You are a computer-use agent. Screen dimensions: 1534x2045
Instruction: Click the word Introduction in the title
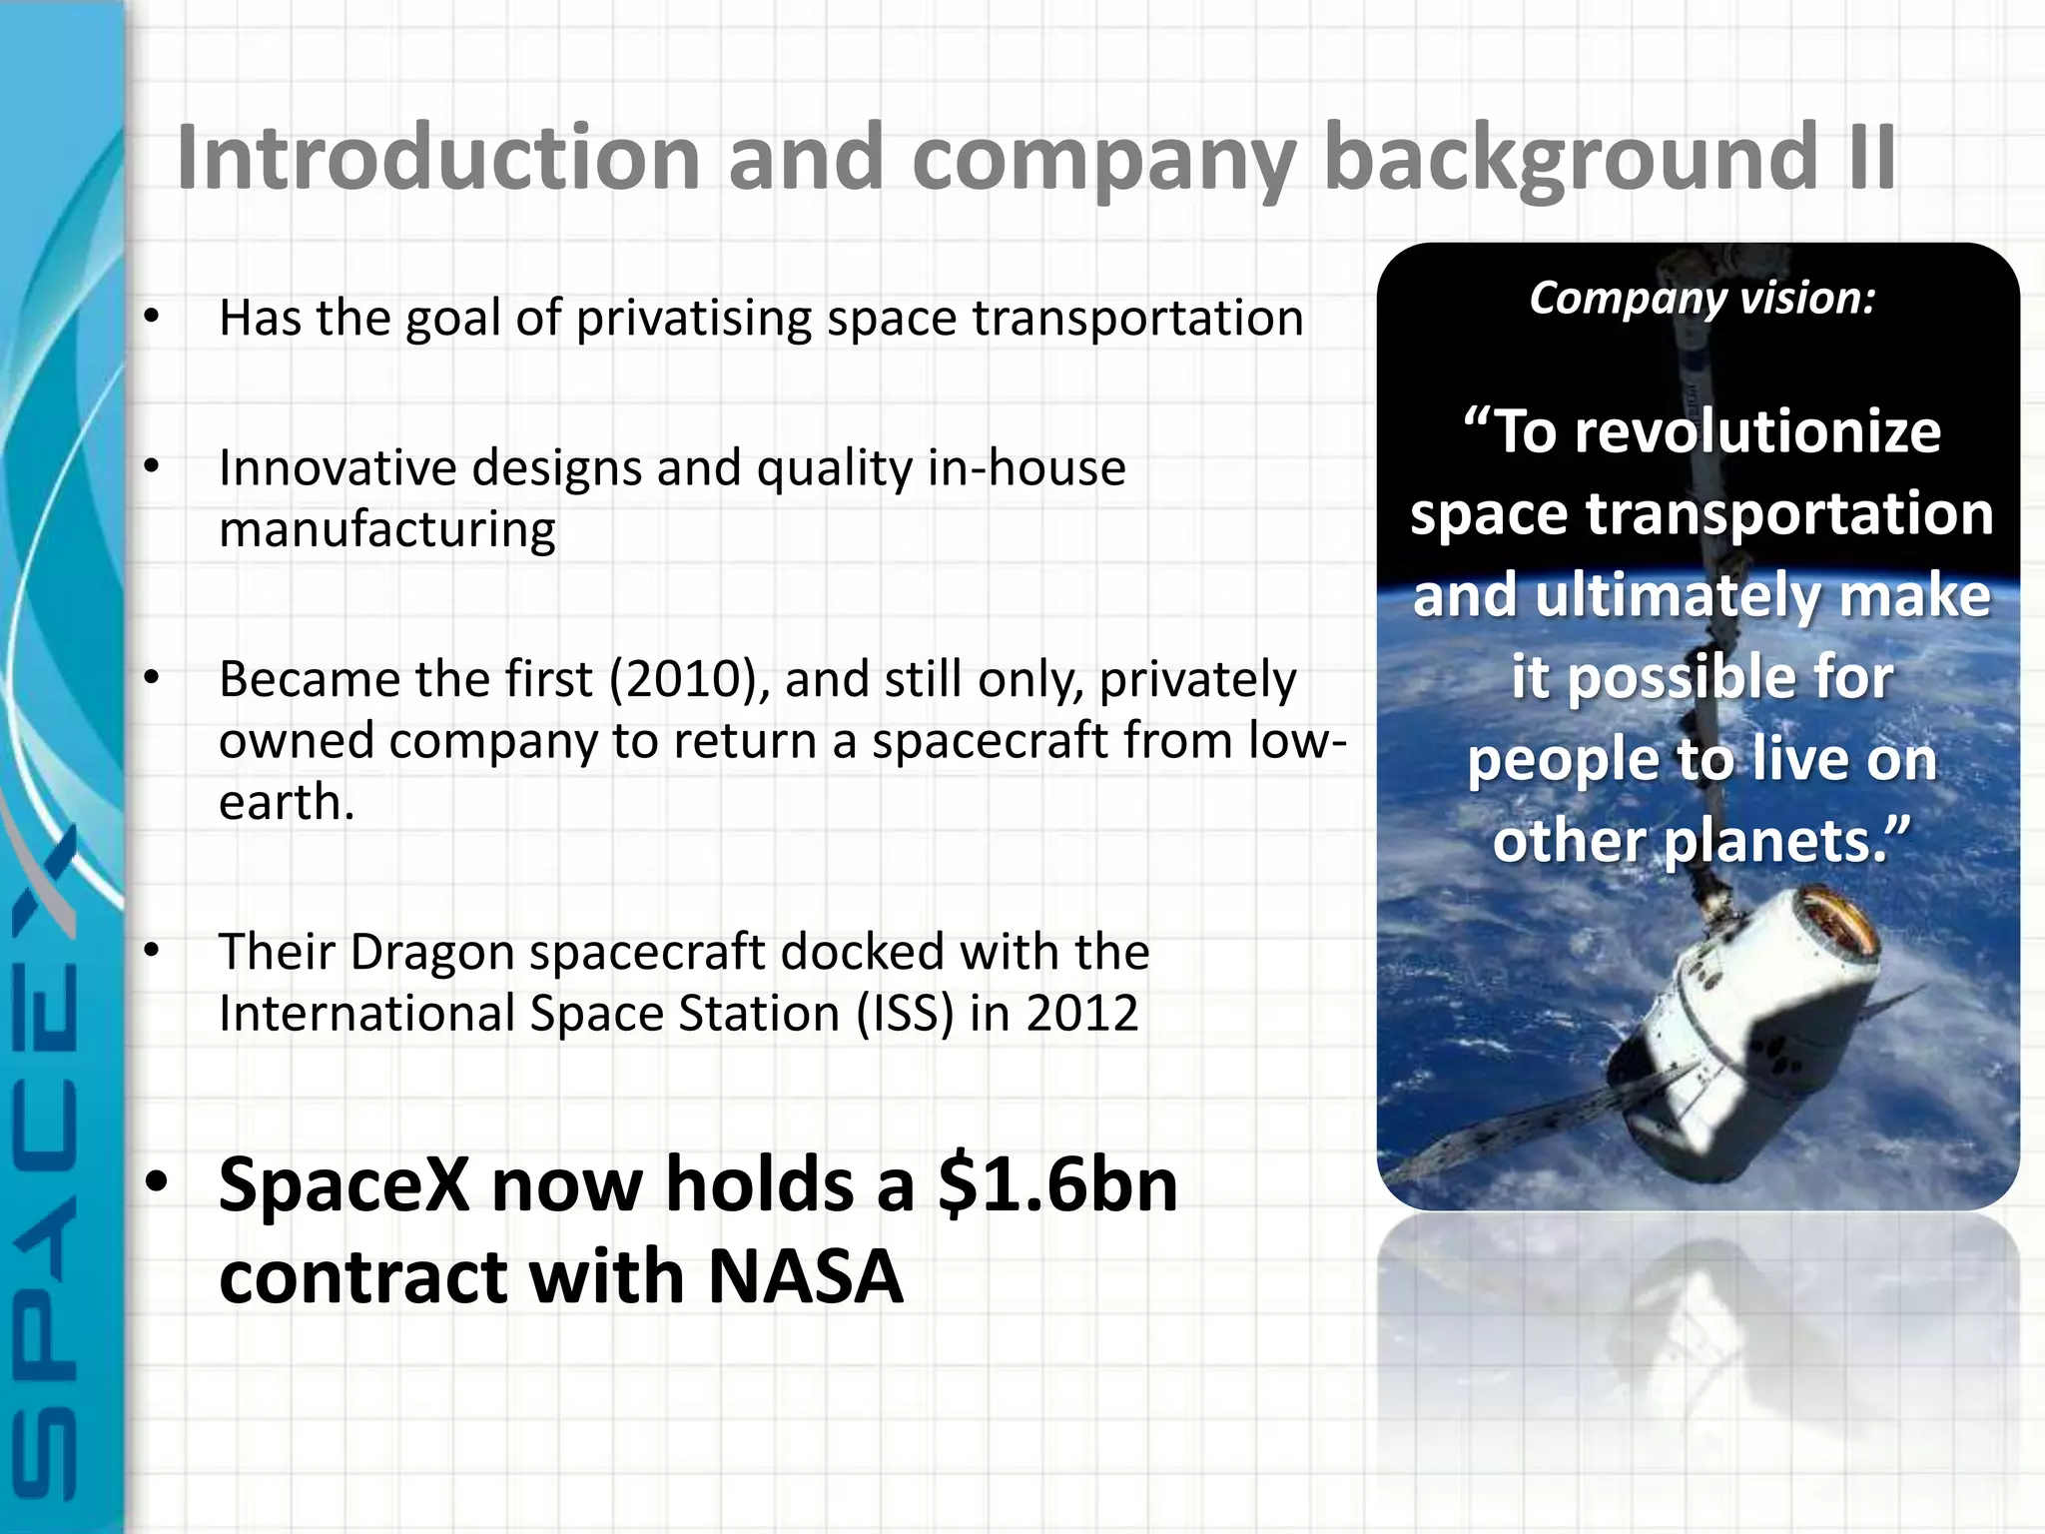[x=437, y=158]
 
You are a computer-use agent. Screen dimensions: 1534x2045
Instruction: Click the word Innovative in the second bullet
[x=337, y=467]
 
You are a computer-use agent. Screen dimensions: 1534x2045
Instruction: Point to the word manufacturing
[x=386, y=530]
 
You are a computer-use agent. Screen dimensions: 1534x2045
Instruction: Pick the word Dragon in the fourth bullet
[x=431, y=952]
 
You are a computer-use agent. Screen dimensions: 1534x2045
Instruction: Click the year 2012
[x=1082, y=1014]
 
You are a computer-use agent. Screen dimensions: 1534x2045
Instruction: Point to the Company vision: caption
[x=1702, y=298]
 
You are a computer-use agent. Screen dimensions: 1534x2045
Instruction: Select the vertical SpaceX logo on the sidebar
[x=45, y=1158]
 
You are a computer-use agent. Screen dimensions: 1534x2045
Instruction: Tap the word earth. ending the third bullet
[x=286, y=803]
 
